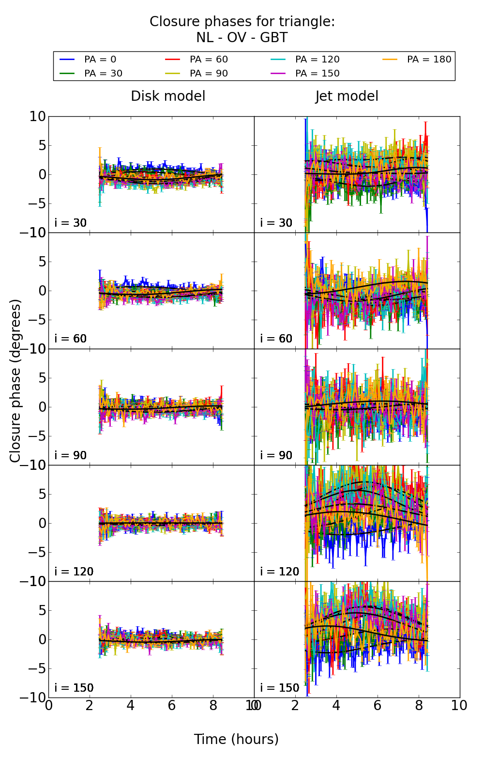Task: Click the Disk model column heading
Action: (x=168, y=96)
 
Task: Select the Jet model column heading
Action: (x=347, y=96)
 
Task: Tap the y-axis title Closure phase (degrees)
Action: (x=15, y=381)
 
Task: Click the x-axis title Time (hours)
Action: (x=236, y=740)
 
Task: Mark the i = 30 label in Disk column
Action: (x=71, y=223)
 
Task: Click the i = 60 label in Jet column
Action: (x=276, y=339)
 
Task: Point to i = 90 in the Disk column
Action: (x=71, y=456)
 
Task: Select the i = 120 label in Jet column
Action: (x=280, y=572)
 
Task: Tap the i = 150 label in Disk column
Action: (x=74, y=688)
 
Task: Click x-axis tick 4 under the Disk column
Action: (x=131, y=706)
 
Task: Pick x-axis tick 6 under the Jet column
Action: (x=378, y=706)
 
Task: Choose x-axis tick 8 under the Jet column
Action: (x=419, y=706)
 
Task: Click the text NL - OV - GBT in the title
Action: (x=242, y=38)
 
